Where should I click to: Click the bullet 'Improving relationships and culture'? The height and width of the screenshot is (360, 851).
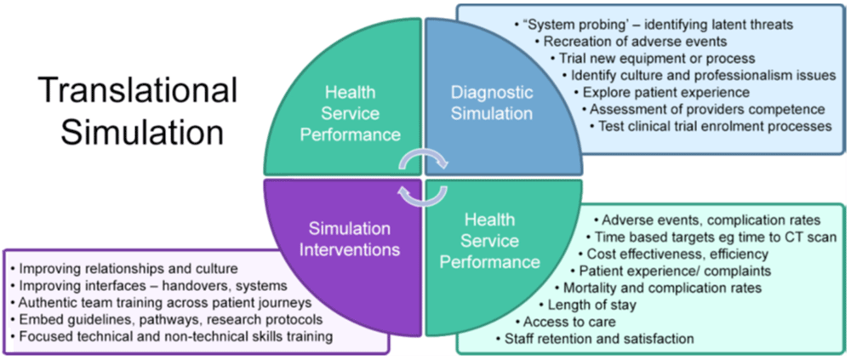click(x=128, y=268)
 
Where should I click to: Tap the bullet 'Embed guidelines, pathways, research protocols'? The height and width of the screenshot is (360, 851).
click(x=166, y=319)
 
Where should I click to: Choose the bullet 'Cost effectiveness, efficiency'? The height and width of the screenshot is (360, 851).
click(x=677, y=254)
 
